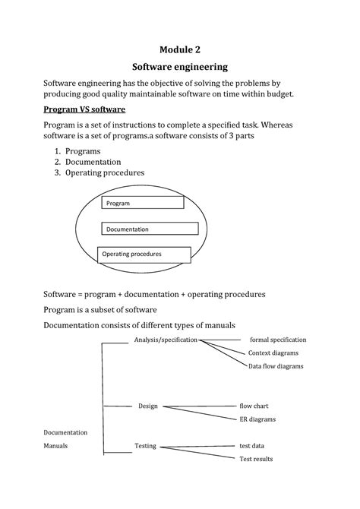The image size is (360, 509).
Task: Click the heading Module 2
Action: [180, 49]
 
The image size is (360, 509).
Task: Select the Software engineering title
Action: [180, 67]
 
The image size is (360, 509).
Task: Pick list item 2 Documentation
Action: [98, 162]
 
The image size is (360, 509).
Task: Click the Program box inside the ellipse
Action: [142, 203]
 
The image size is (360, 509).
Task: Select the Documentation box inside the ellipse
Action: [149, 229]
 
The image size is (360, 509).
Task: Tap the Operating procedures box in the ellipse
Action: [145, 254]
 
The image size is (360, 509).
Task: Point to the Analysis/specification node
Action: [166, 340]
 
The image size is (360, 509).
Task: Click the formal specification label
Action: [278, 340]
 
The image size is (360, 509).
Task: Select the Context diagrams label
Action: [273, 353]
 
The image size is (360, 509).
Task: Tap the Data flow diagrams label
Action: [275, 366]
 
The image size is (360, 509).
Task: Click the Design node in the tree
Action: [147, 406]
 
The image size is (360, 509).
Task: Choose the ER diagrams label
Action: [257, 419]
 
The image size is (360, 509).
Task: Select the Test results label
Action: [256, 459]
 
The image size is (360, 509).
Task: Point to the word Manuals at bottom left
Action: [55, 446]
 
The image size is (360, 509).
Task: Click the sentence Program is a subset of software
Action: [99, 309]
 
